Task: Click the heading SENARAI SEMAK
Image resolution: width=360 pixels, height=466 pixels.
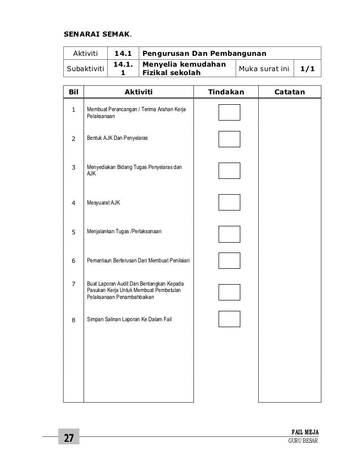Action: point(97,35)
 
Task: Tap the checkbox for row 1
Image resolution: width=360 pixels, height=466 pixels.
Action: point(229,112)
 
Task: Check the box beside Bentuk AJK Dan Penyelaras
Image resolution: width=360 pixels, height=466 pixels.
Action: point(229,139)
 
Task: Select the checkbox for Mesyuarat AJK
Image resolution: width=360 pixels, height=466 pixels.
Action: point(229,202)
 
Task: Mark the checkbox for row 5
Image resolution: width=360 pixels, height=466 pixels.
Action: point(229,234)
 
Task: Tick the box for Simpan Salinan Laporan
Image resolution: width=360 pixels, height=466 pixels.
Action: point(229,319)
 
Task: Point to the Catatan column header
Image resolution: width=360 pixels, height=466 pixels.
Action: point(289,92)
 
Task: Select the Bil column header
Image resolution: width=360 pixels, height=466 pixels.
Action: point(74,92)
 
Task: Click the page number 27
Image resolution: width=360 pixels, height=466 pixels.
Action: point(68,438)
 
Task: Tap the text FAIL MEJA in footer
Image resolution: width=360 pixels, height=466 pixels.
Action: point(305,432)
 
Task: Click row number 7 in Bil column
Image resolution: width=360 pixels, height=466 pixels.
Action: point(73,284)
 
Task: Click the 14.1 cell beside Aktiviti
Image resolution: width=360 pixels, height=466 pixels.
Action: point(124,53)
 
